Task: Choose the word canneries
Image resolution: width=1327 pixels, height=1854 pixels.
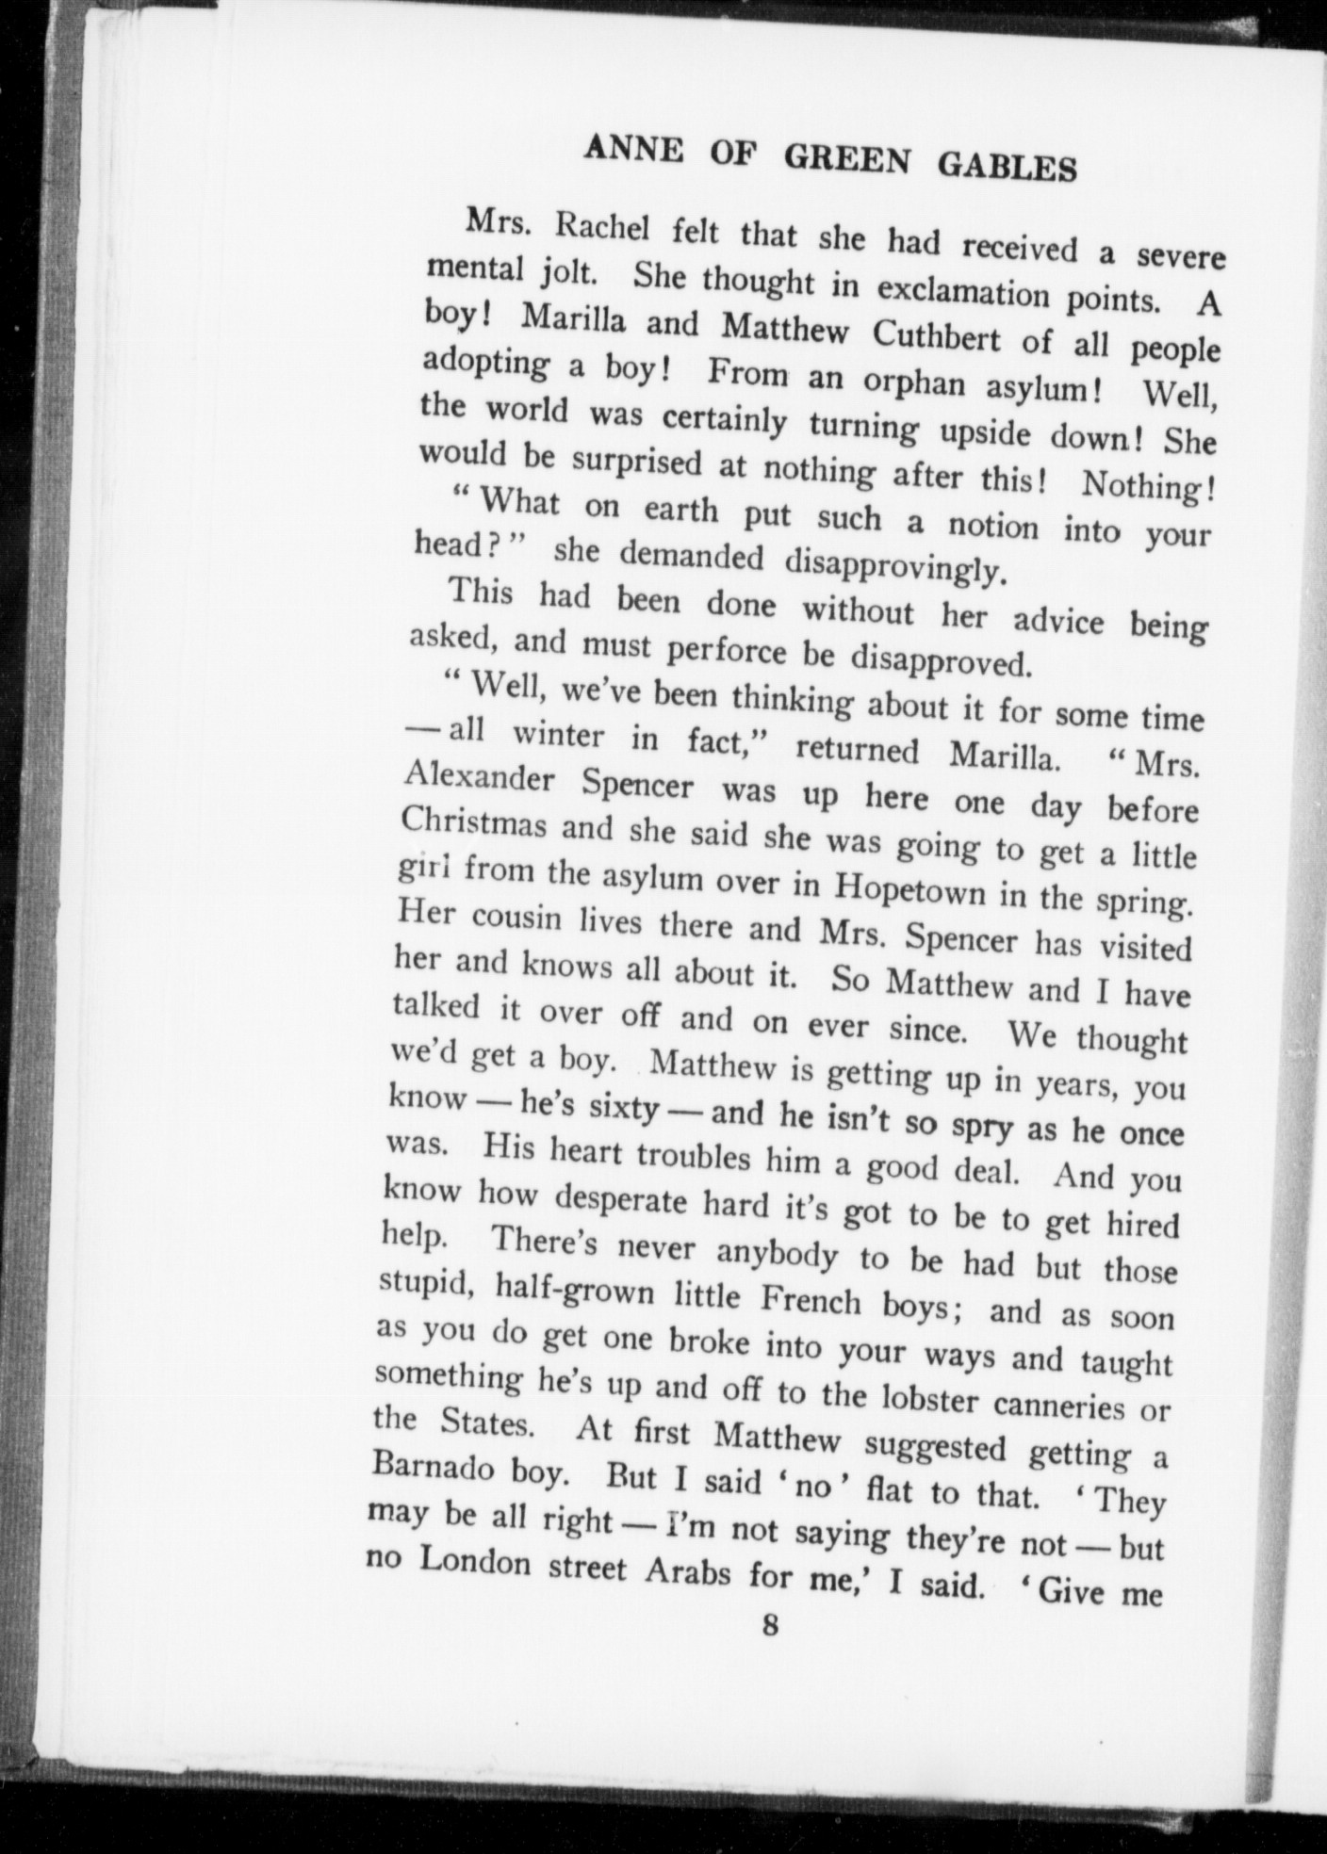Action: coord(1072,1407)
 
